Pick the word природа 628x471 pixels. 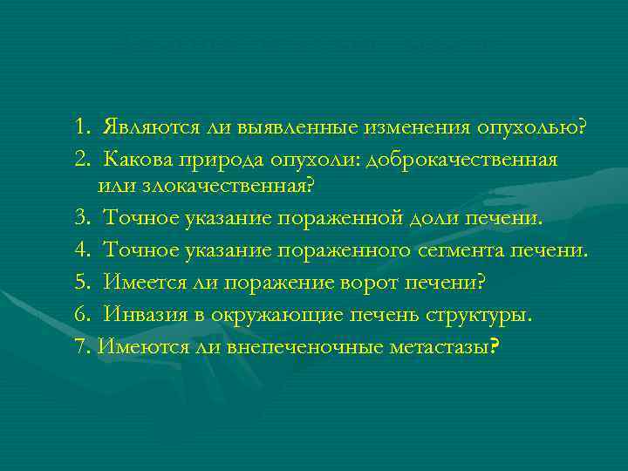225,161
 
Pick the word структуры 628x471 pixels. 484,315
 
